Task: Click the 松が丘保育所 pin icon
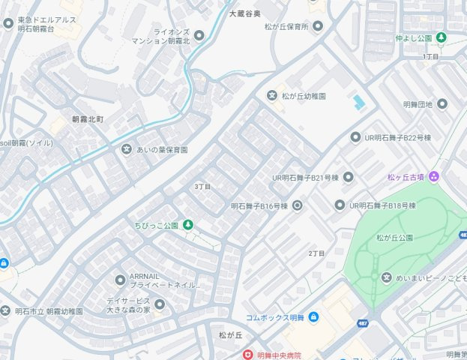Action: tap(317, 26)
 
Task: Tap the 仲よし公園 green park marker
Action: tap(442, 37)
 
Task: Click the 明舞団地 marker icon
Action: tap(442, 103)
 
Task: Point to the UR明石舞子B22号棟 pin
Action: tap(355, 137)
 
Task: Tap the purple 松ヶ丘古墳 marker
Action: tap(435, 177)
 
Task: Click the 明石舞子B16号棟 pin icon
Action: tap(297, 205)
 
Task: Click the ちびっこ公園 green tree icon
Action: tap(188, 225)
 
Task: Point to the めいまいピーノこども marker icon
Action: tap(386, 278)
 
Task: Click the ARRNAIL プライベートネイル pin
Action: tap(120, 280)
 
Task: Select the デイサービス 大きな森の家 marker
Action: tap(159, 304)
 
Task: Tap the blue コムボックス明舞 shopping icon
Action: tap(313, 317)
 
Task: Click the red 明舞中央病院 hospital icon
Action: tap(247, 355)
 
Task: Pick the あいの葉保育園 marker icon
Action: tap(127, 149)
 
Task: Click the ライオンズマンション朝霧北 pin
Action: tap(199, 35)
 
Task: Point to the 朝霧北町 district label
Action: tap(88, 119)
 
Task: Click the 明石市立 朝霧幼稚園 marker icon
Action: tap(5, 310)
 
